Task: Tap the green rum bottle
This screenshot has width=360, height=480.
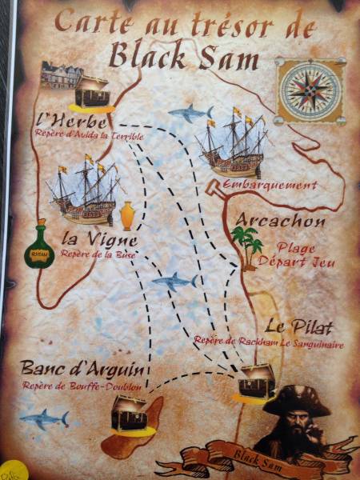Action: [38, 246]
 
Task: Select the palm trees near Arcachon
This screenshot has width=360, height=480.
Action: [246, 242]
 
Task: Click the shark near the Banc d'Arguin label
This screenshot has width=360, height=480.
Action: [44, 418]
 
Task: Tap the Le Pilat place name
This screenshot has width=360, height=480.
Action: [298, 326]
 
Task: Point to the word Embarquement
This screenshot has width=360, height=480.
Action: [260, 185]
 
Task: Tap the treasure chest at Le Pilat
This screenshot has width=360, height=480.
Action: [258, 382]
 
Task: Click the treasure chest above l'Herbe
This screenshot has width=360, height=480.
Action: [90, 94]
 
